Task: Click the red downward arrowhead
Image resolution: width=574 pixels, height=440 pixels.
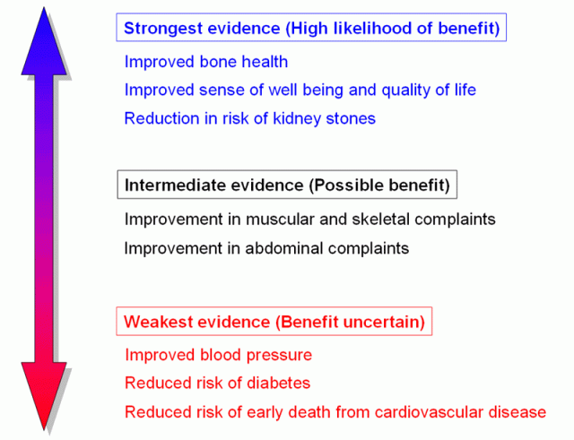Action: (x=44, y=394)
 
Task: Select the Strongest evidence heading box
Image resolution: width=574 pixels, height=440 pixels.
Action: (x=311, y=28)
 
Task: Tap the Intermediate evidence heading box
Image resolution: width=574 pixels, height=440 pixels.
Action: (x=287, y=185)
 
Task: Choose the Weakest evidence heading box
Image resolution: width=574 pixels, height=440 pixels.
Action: (x=274, y=321)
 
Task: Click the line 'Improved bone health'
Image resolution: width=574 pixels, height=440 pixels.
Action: (x=206, y=63)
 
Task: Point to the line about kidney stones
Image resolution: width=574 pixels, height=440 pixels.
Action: (x=250, y=118)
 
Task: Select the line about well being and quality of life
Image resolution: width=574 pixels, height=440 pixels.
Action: (x=300, y=91)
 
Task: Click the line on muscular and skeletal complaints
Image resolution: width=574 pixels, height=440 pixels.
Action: (x=310, y=220)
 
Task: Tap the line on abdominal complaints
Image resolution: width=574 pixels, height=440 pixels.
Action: (x=266, y=248)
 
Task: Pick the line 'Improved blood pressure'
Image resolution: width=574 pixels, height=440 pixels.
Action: (x=219, y=355)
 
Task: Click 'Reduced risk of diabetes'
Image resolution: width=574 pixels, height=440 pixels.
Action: (x=218, y=384)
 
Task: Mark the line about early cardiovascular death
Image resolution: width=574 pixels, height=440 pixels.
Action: (x=335, y=412)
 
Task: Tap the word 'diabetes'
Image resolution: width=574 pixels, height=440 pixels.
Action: (x=280, y=384)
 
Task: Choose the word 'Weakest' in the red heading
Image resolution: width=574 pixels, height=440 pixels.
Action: (x=153, y=321)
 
